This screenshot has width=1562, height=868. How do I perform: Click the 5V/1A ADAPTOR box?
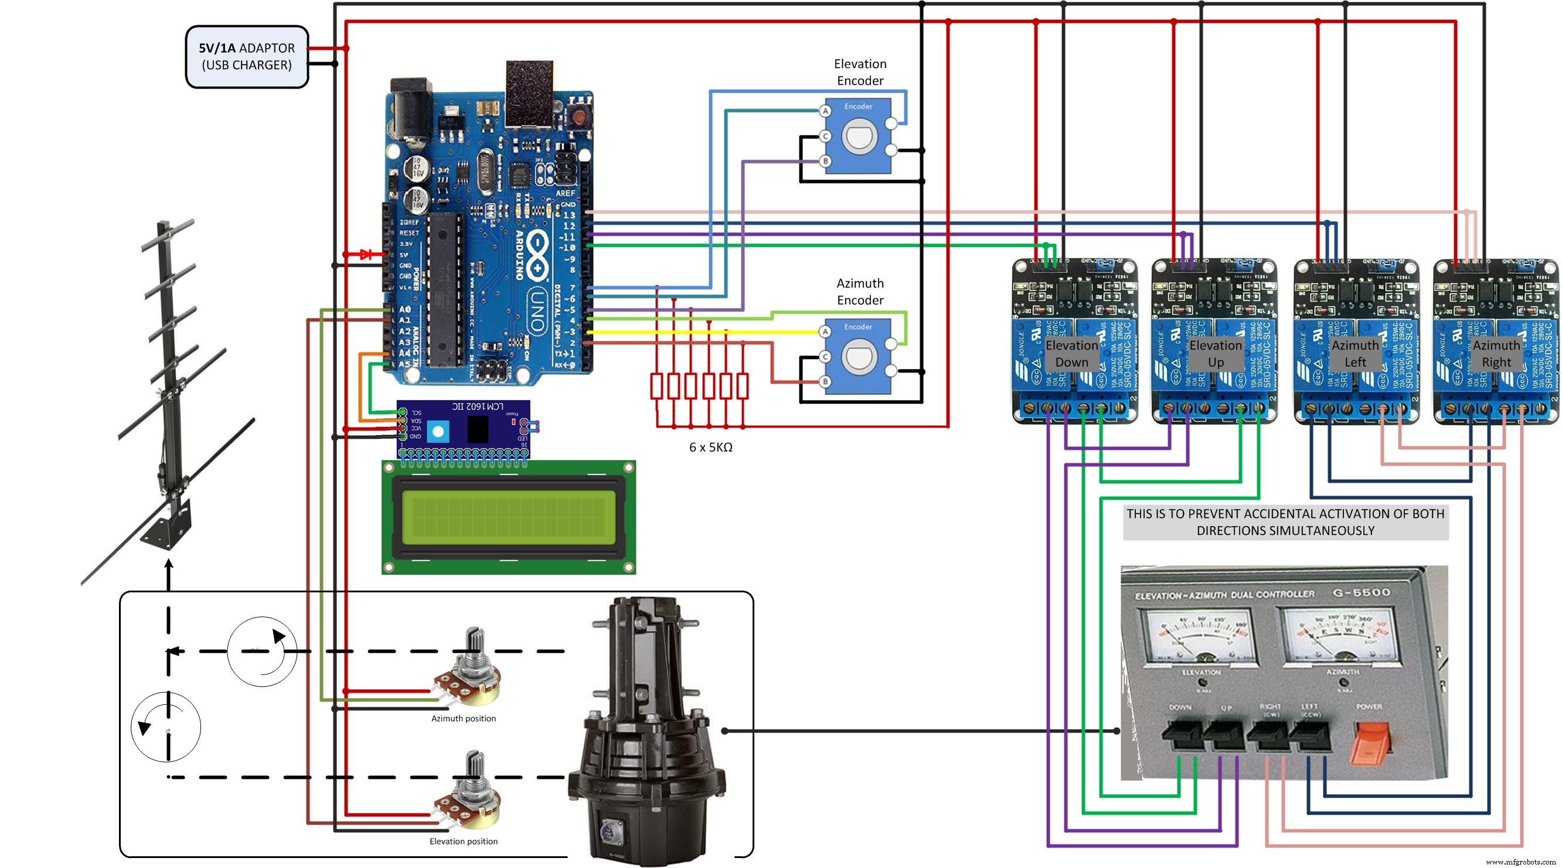[247, 56]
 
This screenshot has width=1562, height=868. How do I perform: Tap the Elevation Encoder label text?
[859, 72]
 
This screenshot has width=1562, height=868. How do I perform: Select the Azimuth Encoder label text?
[859, 291]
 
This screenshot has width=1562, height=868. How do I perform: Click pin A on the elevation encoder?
[825, 111]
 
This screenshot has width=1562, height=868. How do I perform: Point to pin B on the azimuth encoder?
[825, 382]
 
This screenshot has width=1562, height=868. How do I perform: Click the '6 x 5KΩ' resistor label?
[710, 447]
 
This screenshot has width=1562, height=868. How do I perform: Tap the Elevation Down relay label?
[1071, 354]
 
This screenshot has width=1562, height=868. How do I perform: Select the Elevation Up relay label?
[1215, 354]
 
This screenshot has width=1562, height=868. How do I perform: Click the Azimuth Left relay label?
[1355, 354]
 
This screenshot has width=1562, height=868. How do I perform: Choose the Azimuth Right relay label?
[1496, 354]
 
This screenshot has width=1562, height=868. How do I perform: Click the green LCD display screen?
[508, 517]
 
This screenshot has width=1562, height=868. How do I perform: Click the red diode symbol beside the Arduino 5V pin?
[366, 255]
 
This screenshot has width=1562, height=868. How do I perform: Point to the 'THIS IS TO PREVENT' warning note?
[1285, 521]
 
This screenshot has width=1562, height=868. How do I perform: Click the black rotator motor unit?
[647, 728]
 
